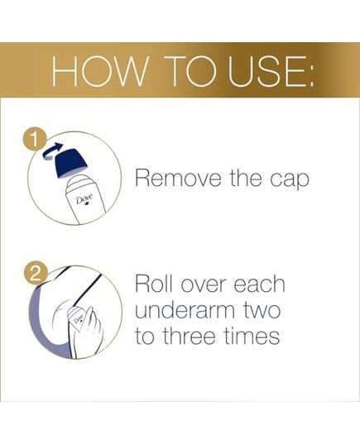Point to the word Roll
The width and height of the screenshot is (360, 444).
point(154,284)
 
